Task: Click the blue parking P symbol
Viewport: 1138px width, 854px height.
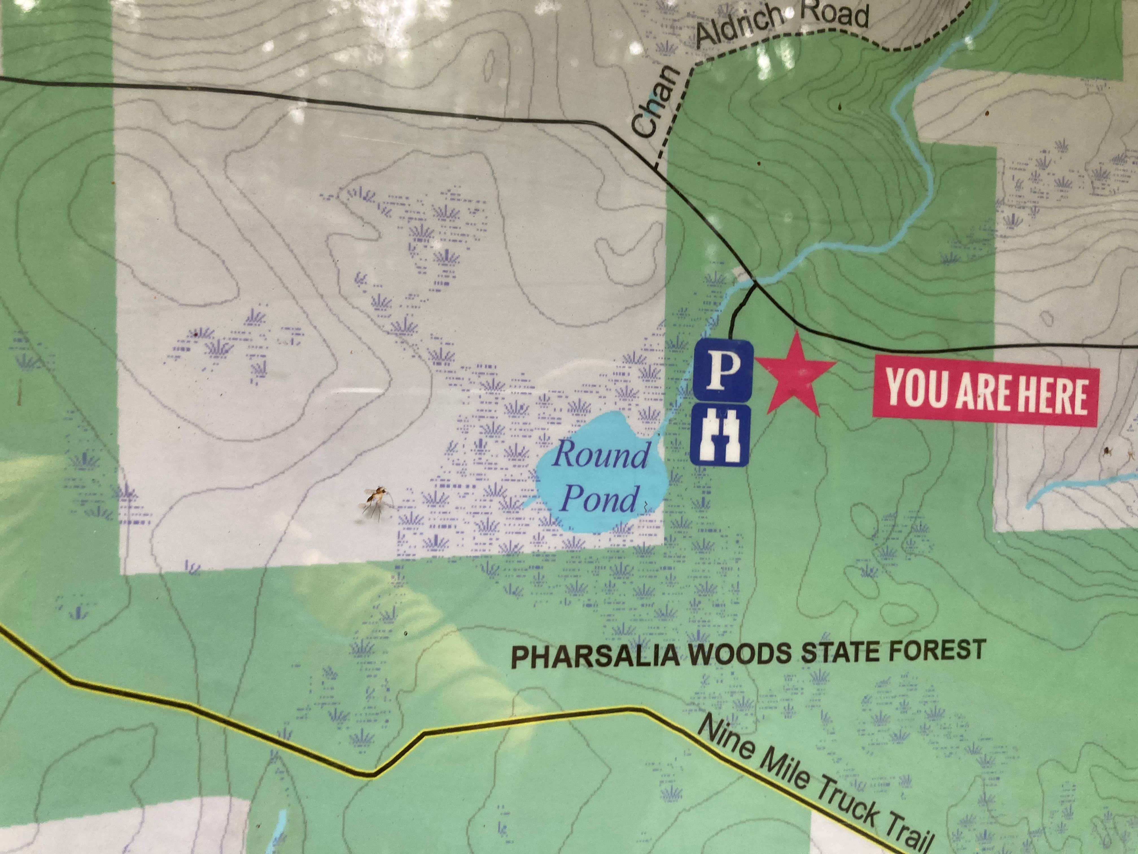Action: [723, 370]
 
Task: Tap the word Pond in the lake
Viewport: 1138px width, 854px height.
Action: [600, 498]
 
